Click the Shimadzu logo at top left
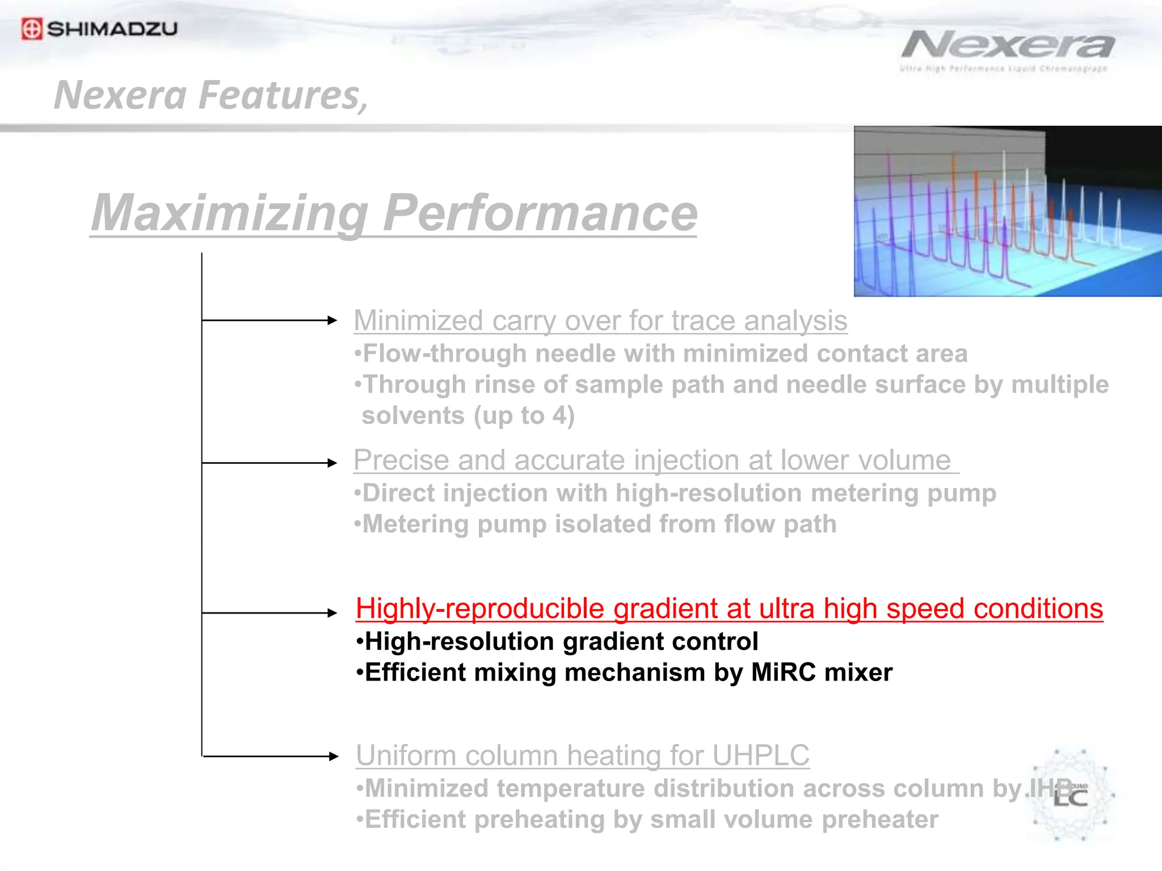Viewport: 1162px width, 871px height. tap(99, 28)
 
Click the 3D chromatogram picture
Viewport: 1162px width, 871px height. tap(1008, 211)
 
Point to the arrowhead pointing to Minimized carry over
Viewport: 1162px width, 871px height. tap(332, 320)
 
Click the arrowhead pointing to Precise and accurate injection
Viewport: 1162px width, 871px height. tap(332, 463)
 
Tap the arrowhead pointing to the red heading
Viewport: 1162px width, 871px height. tap(332, 613)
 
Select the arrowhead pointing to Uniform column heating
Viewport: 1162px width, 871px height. tap(333, 756)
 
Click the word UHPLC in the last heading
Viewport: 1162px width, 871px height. tap(760, 756)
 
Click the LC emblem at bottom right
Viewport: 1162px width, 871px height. tap(1070, 795)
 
